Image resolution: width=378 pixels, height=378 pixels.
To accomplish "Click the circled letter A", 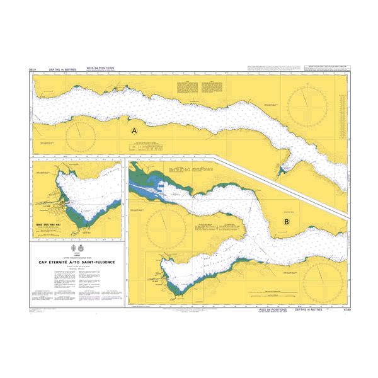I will point(134,131).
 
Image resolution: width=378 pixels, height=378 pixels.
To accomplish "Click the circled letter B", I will point(287,222).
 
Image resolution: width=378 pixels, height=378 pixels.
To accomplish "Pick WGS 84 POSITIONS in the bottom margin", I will point(272,310).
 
